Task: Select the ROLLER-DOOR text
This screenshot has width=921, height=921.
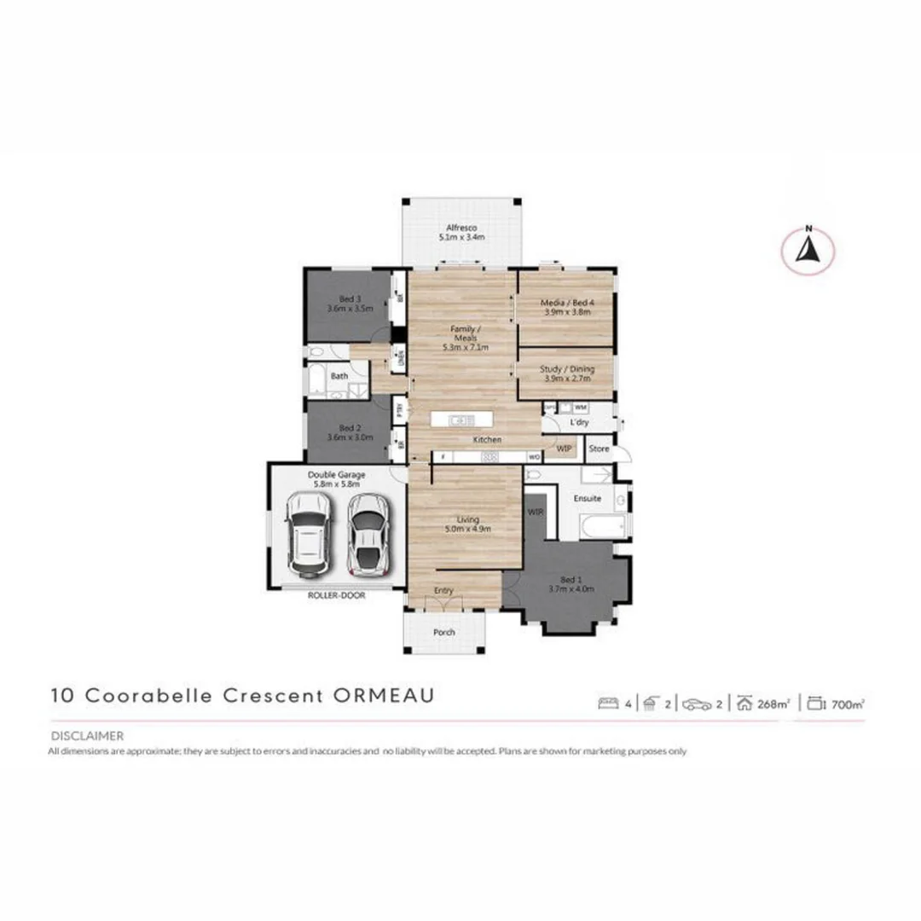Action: [336, 596]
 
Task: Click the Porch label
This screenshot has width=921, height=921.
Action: [444, 633]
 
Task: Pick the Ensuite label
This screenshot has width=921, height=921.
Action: [588, 498]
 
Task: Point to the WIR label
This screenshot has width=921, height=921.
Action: [536, 513]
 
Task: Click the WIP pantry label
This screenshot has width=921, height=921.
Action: [564, 447]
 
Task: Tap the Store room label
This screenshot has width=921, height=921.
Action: [599, 449]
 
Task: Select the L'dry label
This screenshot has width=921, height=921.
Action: [579, 422]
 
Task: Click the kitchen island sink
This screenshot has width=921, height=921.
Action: [461, 420]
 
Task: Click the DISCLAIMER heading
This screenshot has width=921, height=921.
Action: [87, 735]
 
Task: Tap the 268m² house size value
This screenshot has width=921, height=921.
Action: [773, 704]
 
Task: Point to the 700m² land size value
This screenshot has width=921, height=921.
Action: [848, 704]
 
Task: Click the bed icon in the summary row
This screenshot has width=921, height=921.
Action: [609, 704]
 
